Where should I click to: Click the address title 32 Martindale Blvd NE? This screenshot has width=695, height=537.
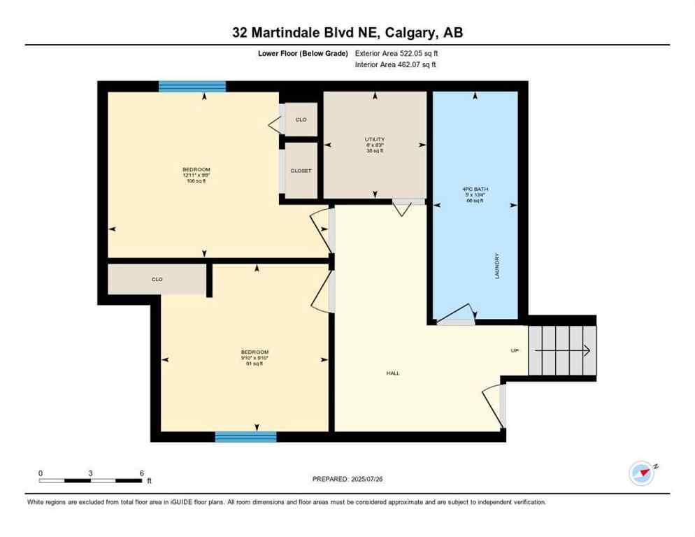pyautogui.click(x=347, y=32)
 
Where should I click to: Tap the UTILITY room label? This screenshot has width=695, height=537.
pyautogui.click(x=375, y=139)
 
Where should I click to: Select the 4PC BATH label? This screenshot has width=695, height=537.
pyautogui.click(x=475, y=189)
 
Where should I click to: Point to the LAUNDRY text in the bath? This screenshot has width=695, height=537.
pyautogui.click(x=497, y=266)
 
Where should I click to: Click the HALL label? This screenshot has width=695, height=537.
pyautogui.click(x=393, y=373)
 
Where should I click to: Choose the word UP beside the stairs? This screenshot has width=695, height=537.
pyautogui.click(x=515, y=350)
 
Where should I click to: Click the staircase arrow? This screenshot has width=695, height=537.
pyautogui.click(x=586, y=350)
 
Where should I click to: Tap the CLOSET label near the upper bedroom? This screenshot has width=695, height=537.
pyautogui.click(x=301, y=171)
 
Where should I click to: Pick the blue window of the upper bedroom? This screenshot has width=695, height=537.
pyautogui.click(x=192, y=87)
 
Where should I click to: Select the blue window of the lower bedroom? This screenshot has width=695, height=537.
pyautogui.click(x=245, y=437)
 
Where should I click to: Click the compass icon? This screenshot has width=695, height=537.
pyautogui.click(x=641, y=474)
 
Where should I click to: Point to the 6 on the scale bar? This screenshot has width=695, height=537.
pyautogui.click(x=141, y=473)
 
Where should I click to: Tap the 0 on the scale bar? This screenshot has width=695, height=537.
pyautogui.click(x=41, y=473)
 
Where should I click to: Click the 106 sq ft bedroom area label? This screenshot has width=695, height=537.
pyautogui.click(x=196, y=181)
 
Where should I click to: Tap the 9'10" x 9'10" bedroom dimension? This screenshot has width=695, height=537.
pyautogui.click(x=255, y=358)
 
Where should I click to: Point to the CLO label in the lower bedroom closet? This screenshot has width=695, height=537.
pyautogui.click(x=157, y=279)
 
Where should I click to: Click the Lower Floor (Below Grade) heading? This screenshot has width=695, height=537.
pyautogui.click(x=303, y=53)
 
